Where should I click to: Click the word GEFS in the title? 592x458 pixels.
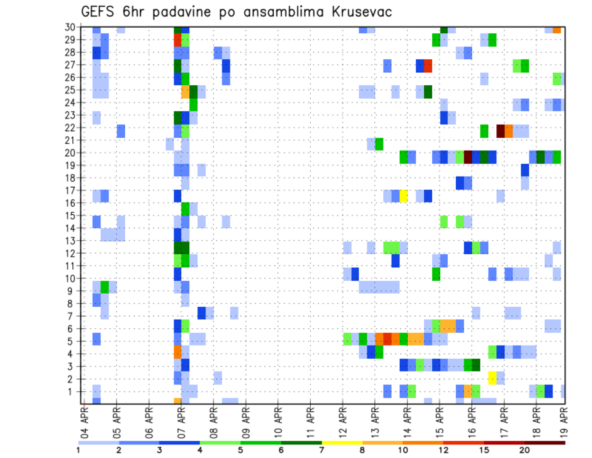pos(101,12)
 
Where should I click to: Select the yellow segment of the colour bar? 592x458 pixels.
pos(342,443)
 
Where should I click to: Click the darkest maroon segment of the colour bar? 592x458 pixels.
pos(545,443)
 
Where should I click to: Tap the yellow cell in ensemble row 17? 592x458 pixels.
pos(404,196)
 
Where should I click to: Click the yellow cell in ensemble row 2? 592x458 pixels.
pos(492,378)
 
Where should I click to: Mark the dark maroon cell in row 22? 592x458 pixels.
pos(501,131)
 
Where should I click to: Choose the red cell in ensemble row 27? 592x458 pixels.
pos(428,65)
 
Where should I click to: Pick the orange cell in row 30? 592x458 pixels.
pos(557,29)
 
